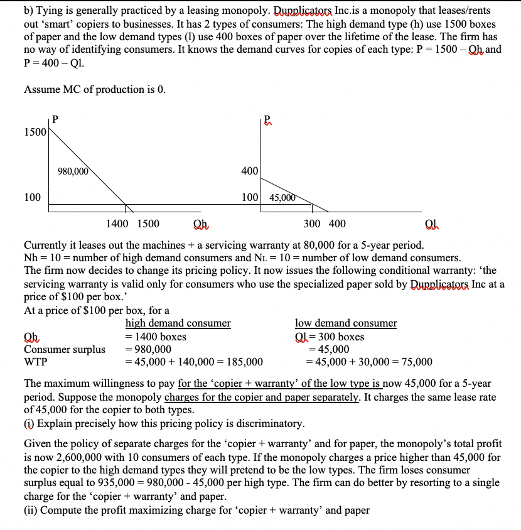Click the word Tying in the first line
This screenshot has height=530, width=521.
coord(51,11)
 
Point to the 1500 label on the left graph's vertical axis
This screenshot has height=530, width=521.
coord(35,132)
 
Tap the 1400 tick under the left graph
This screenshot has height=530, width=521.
coord(118,224)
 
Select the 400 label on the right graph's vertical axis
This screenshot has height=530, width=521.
coord(249,171)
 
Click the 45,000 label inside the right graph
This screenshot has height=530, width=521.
coord(282,197)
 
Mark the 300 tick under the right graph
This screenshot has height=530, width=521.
coord(312,224)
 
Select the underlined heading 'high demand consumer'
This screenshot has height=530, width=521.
coord(178,323)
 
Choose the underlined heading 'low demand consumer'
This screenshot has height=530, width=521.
coord(346,323)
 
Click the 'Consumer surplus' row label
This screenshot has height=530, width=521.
coord(64,349)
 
